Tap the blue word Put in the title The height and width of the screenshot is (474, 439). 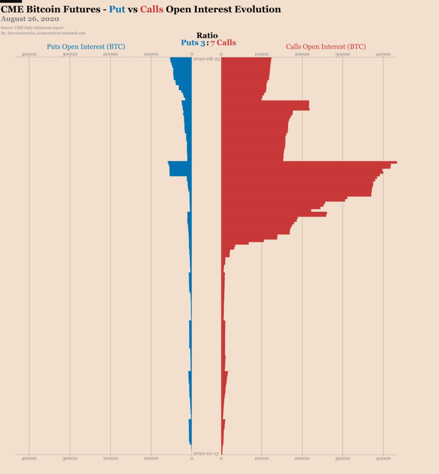(x=117, y=9)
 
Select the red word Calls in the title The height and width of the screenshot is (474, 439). (x=151, y=9)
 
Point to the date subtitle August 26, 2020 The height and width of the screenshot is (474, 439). (x=30, y=19)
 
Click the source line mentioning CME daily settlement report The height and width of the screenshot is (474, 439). (x=32, y=28)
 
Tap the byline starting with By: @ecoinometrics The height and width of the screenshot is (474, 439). (x=43, y=33)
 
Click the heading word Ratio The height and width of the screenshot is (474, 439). (x=207, y=36)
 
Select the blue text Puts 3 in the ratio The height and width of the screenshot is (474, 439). (x=192, y=43)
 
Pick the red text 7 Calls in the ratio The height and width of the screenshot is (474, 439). (x=223, y=43)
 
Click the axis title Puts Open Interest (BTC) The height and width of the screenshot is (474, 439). (x=86, y=47)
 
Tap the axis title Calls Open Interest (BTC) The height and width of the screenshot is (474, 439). (x=326, y=47)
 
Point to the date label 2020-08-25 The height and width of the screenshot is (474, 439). (x=206, y=59)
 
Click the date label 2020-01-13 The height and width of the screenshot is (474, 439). (x=206, y=454)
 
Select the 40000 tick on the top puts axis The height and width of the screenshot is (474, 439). (x=29, y=55)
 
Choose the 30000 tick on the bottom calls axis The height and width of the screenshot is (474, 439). (x=342, y=458)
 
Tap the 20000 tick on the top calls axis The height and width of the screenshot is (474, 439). (x=302, y=55)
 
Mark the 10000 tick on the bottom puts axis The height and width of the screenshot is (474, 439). (x=151, y=458)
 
